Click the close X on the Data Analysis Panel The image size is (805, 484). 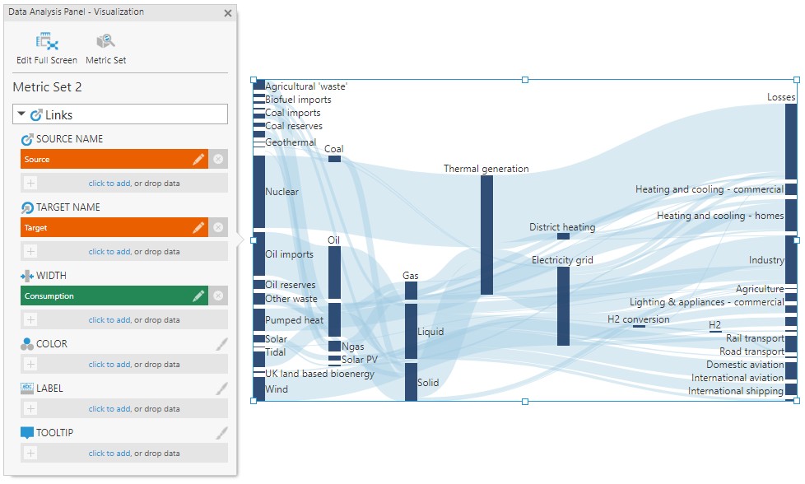pyautogui.click(x=228, y=13)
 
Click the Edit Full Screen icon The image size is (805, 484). pyautogui.click(x=46, y=41)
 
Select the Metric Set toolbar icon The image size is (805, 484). pyautogui.click(x=105, y=41)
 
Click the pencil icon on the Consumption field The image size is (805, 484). pyautogui.click(x=198, y=296)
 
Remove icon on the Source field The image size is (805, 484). pyautogui.click(x=218, y=160)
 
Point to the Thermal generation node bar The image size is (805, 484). pyautogui.click(x=486, y=235)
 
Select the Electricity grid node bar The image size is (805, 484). pyautogui.click(x=563, y=305)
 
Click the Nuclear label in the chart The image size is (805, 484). pyautogui.click(x=282, y=192)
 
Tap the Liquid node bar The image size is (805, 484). pyautogui.click(x=411, y=331)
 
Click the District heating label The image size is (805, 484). pyautogui.click(x=561, y=227)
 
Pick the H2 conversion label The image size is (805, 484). pyautogui.click(x=638, y=319)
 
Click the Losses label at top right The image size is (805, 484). pyautogui.click(x=781, y=97)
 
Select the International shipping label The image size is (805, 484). pyautogui.click(x=735, y=391)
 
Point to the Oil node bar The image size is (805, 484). pyautogui.click(x=334, y=291)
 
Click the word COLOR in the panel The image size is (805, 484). pyautogui.click(x=52, y=344)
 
